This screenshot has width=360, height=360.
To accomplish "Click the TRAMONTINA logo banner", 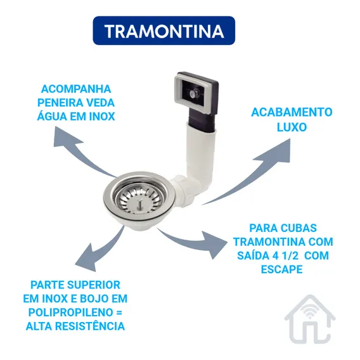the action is point(164,30).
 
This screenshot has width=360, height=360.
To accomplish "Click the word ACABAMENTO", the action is point(292,112).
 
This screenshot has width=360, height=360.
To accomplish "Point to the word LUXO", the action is point(292,127).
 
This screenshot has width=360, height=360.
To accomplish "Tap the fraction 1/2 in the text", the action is point(290,255).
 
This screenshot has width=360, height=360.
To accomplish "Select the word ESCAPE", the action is point(282,269).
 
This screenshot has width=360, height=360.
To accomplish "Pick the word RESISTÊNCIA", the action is point(90,326).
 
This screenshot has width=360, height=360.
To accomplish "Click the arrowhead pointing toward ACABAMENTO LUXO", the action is point(276,151).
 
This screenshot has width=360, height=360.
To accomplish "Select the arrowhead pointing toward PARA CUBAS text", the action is point(214,245).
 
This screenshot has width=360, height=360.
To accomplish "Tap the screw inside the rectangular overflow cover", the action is point(192,93).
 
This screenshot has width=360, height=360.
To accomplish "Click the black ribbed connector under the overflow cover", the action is point(202,120).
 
